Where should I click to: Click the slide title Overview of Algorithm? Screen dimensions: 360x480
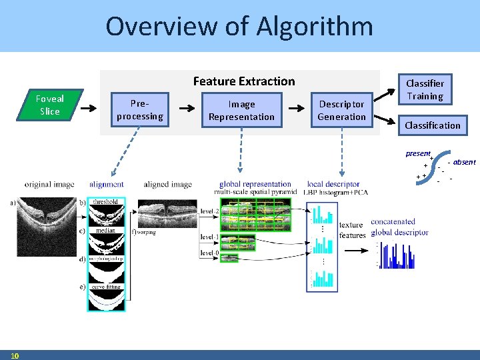239,27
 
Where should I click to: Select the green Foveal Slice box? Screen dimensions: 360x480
50,105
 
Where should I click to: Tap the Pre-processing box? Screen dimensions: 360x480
139,110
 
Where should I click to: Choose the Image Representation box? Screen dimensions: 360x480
241,110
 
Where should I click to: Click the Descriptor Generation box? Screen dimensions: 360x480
341,110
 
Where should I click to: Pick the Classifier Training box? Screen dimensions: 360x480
425,89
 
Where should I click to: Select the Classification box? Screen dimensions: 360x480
432,125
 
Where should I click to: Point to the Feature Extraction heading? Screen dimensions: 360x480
243,81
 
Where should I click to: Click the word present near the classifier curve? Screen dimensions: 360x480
418,154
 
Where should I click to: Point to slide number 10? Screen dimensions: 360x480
15,355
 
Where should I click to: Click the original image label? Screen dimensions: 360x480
49,185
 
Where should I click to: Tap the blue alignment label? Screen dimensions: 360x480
106,185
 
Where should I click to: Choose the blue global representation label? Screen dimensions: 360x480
255,184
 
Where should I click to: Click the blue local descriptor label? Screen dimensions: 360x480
333,184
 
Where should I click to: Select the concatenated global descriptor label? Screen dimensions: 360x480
399,227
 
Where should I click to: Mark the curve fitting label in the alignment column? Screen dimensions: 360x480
106,286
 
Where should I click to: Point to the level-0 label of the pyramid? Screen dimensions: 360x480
210,253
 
